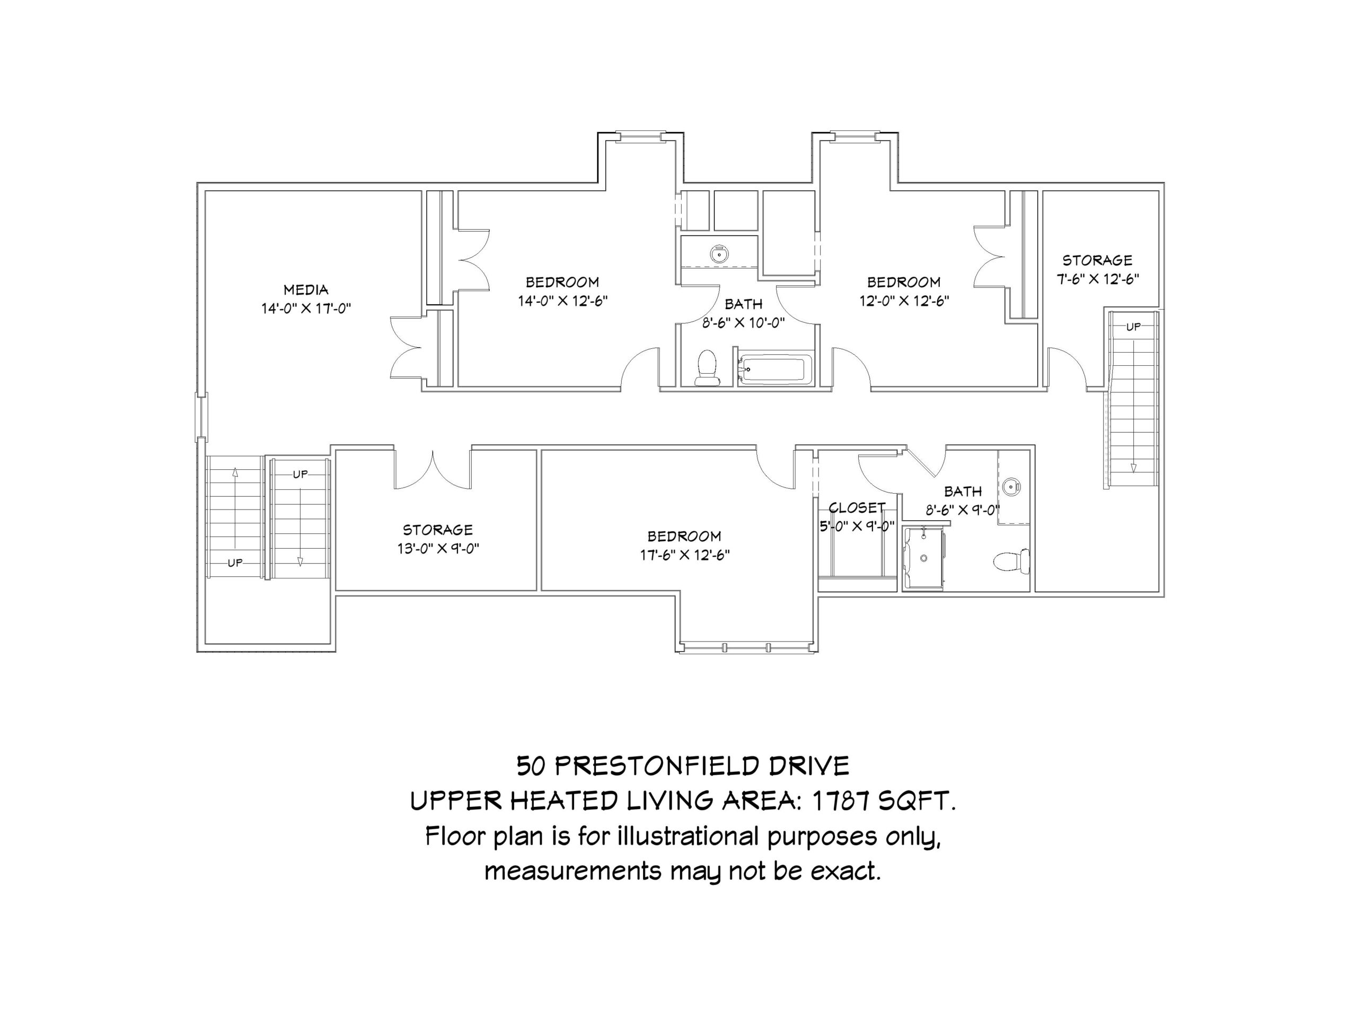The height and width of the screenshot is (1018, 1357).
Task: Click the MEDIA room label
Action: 305,289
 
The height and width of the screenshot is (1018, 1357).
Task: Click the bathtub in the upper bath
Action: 775,370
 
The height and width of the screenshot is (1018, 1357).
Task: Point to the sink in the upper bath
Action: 719,253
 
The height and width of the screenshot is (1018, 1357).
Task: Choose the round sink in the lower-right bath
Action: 1011,487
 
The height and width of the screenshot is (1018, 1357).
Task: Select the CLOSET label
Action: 857,507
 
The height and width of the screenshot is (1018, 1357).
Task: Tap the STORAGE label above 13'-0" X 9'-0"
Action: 437,530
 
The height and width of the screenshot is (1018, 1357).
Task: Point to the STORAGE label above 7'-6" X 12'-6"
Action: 1097,260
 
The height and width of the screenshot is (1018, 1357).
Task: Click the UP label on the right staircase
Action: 1133,327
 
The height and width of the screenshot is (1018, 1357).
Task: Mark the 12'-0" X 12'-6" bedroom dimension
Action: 904,301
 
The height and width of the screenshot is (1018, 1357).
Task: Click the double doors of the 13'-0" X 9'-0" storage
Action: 433,469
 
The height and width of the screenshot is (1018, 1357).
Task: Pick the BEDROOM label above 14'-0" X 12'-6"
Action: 562,282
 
